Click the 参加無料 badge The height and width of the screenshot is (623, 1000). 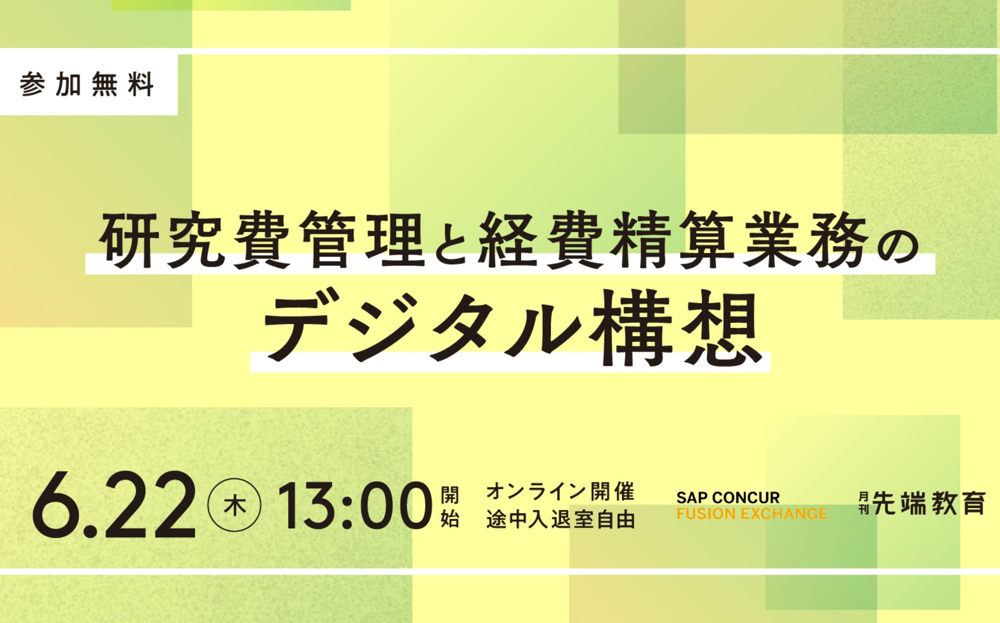coord(88,85)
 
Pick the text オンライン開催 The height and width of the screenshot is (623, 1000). coord(560,491)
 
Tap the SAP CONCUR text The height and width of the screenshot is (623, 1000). coord(728,497)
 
